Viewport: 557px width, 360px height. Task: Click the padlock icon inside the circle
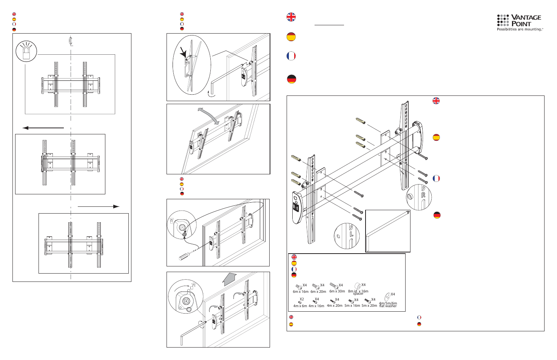pos(26,53)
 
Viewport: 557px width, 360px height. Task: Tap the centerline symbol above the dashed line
pos(71,41)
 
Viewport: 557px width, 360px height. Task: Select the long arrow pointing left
pos(43,128)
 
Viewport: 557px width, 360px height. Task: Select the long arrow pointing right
pos(99,206)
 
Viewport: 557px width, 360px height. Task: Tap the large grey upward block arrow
pos(229,280)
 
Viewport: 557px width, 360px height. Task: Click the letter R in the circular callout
pos(423,195)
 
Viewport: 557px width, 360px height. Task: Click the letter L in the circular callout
pos(351,234)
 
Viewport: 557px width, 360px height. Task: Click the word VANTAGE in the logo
pos(526,17)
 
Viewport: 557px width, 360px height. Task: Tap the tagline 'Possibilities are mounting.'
pos(520,29)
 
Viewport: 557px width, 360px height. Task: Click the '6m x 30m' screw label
pos(337,291)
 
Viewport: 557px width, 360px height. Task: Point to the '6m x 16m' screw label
pos(300,292)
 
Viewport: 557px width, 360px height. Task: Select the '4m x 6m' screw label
pos(300,306)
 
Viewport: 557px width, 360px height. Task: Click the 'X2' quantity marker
pos(302,299)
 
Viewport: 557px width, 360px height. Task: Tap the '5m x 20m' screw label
pos(369,306)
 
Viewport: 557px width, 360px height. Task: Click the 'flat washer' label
pos(388,306)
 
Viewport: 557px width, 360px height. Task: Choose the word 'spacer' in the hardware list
pos(358,294)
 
